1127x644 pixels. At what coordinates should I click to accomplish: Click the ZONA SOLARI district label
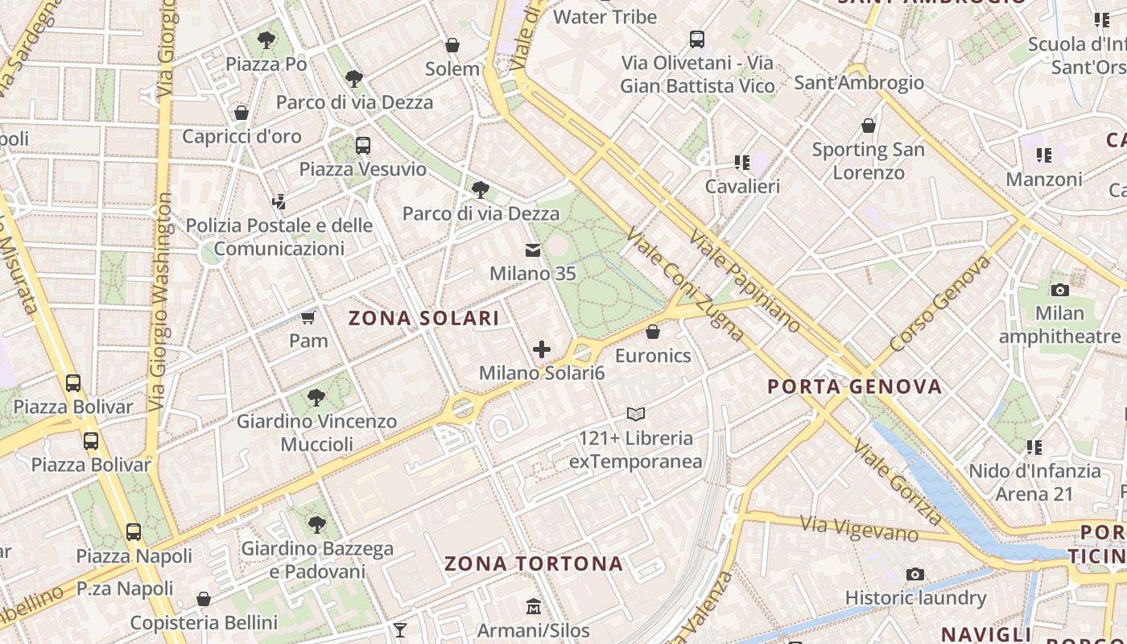(x=423, y=318)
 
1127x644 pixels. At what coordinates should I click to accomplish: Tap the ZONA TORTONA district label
(x=534, y=563)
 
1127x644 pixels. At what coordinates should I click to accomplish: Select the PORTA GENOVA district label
(x=854, y=386)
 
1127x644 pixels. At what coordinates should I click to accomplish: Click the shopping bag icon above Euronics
(x=653, y=332)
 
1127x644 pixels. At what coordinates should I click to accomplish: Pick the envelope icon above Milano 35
(x=533, y=250)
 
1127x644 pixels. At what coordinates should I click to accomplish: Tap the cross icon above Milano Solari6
(x=542, y=349)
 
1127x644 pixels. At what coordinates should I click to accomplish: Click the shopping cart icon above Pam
(x=308, y=317)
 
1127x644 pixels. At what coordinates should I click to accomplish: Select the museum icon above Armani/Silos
(x=533, y=606)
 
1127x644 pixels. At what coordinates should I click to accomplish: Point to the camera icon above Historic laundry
(x=914, y=574)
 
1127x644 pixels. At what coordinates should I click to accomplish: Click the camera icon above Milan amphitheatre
(x=1059, y=290)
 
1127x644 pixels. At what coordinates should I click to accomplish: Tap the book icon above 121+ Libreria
(x=636, y=415)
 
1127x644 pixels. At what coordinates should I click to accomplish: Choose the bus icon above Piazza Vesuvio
(x=362, y=146)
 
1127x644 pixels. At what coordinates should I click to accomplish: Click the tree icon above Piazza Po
(x=266, y=39)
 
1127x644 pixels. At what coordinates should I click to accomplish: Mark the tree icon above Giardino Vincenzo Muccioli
(x=316, y=397)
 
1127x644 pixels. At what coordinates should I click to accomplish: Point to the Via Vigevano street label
(x=860, y=529)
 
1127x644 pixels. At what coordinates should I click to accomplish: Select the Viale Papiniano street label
(x=745, y=280)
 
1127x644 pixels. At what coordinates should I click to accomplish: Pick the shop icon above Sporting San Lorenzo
(x=868, y=126)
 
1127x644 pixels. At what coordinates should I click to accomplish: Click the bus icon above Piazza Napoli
(x=134, y=532)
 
